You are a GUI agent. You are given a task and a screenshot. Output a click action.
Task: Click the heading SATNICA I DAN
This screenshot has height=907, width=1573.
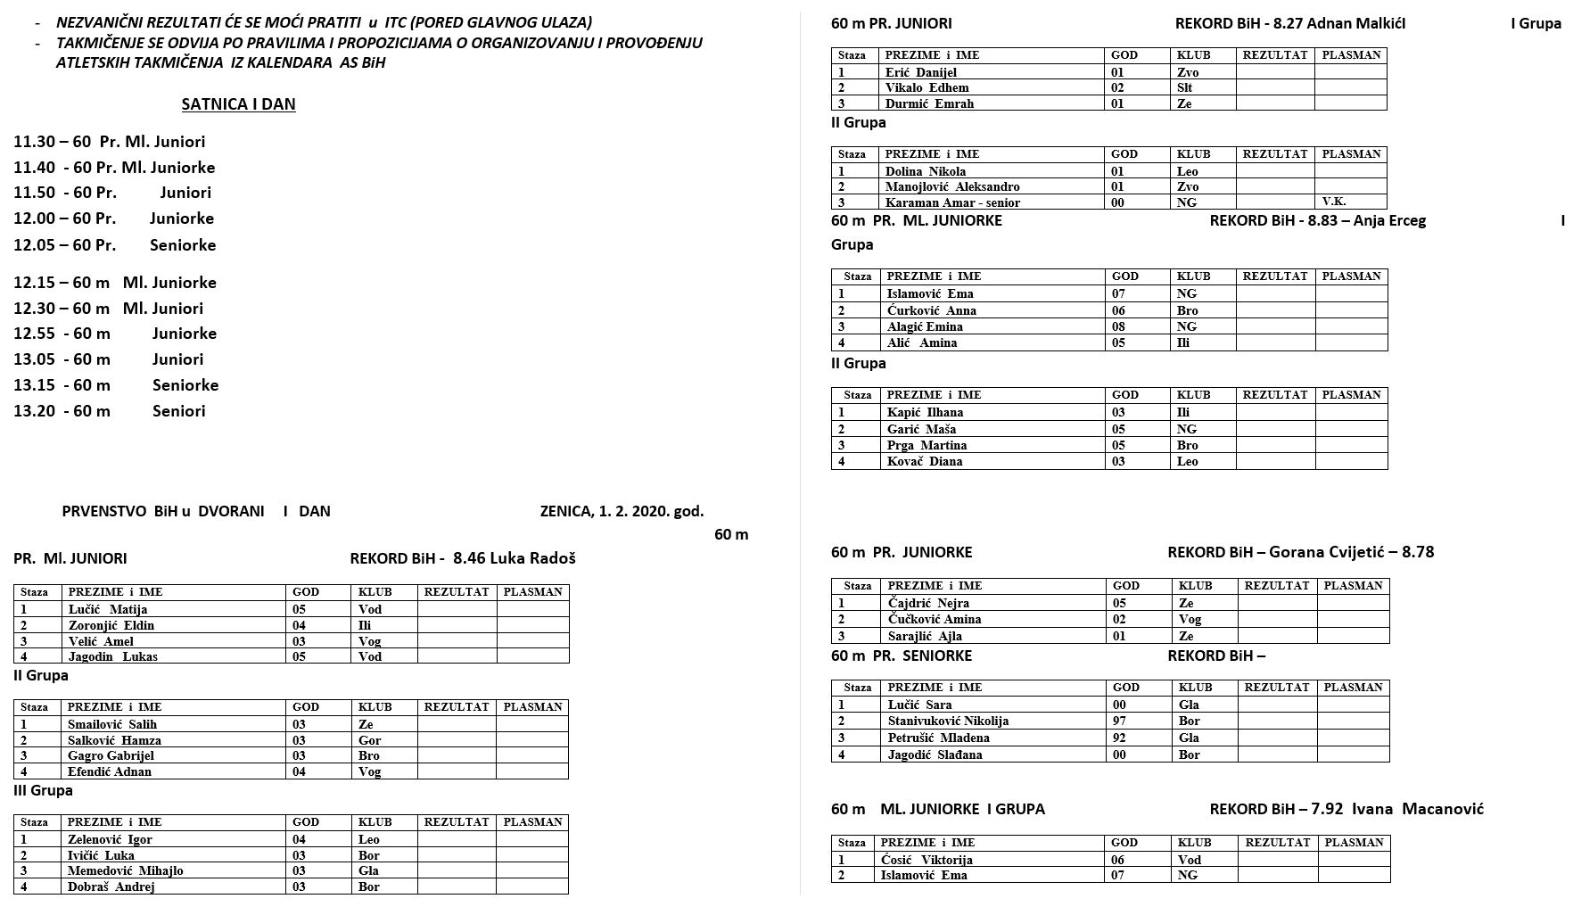[x=238, y=104]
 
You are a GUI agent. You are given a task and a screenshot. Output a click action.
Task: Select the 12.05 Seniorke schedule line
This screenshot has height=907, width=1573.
[x=115, y=245]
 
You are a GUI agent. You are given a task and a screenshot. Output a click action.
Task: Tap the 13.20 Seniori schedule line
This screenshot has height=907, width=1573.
[x=110, y=411]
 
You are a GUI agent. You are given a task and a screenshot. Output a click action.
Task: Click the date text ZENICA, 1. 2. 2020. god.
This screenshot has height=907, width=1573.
[x=622, y=512]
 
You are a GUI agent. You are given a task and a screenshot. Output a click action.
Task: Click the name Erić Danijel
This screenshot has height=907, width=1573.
[x=921, y=73]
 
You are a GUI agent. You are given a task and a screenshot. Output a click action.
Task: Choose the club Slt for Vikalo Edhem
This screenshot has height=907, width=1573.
[x=1185, y=88]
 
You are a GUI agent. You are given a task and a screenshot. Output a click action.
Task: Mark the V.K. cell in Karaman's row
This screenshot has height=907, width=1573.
[x=1334, y=202]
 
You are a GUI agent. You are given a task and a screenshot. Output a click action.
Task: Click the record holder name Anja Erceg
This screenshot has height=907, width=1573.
[x=1389, y=221]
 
